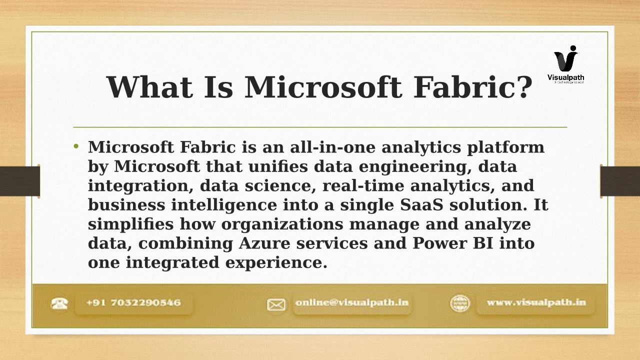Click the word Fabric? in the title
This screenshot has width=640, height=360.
(473, 87)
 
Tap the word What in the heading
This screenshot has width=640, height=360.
(149, 87)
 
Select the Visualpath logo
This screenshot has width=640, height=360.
(565, 64)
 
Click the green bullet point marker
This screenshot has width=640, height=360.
(76, 146)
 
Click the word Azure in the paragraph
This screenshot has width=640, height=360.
(264, 243)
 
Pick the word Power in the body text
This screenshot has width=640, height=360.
(439, 243)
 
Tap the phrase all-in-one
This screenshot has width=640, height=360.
(333, 147)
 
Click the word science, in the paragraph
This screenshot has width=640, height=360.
(280, 185)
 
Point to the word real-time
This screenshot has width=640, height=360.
(363, 185)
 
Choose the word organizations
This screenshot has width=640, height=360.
(282, 224)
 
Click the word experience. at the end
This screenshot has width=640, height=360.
(276, 263)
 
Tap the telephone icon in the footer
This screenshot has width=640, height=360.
(59, 303)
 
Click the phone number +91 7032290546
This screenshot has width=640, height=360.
(133, 302)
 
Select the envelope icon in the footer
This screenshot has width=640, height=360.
(276, 304)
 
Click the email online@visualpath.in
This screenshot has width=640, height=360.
(352, 302)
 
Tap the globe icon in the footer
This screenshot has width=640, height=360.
(460, 303)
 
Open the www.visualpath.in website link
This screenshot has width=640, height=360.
(536, 302)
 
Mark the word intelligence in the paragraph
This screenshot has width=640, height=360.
(224, 205)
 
